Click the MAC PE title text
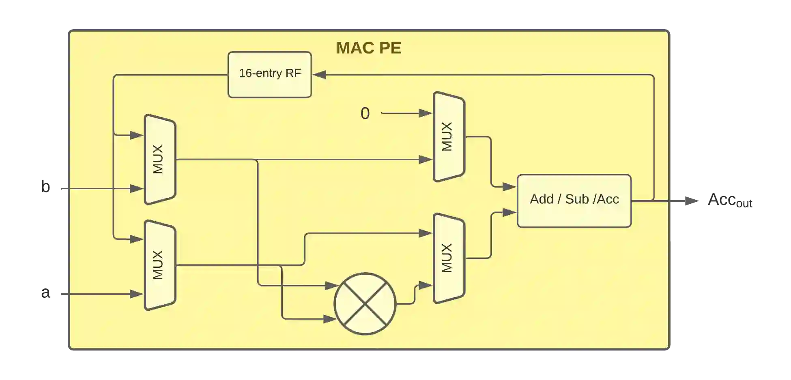point(368,48)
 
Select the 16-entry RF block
point(270,75)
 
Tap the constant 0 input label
point(365,113)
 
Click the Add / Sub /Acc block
point(574,201)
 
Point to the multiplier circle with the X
point(365,304)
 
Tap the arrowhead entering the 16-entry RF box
point(319,75)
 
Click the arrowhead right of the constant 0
point(425,113)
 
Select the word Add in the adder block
point(542,199)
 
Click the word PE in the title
point(390,48)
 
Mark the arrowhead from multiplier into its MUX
point(425,286)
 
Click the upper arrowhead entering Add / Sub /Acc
point(509,187)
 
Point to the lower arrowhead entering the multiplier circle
point(330,319)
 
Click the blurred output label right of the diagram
point(730,201)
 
